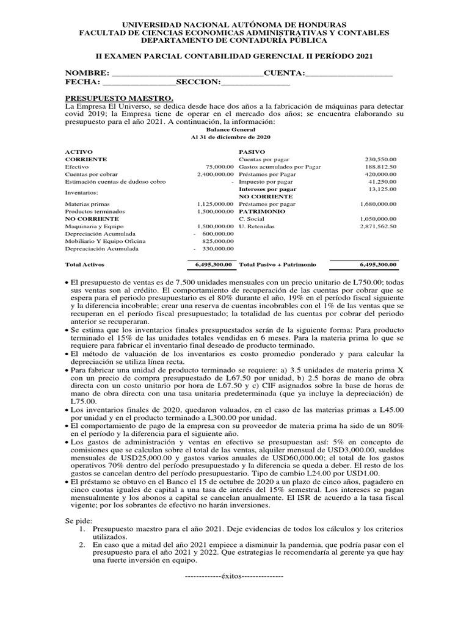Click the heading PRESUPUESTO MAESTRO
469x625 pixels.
click(119, 98)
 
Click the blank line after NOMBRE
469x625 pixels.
click(187, 73)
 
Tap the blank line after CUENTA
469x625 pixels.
click(349, 73)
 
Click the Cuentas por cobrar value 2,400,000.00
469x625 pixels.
click(216, 174)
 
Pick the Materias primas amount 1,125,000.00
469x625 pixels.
click(216, 204)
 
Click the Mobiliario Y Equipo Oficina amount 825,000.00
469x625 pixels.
click(218, 241)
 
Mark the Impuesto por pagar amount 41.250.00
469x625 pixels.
click(382, 182)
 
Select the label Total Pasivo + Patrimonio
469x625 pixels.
click(278, 265)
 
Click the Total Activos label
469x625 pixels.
click(85, 265)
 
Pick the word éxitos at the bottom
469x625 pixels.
click(234, 576)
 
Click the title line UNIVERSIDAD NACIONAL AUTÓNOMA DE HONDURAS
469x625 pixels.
click(234, 23)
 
